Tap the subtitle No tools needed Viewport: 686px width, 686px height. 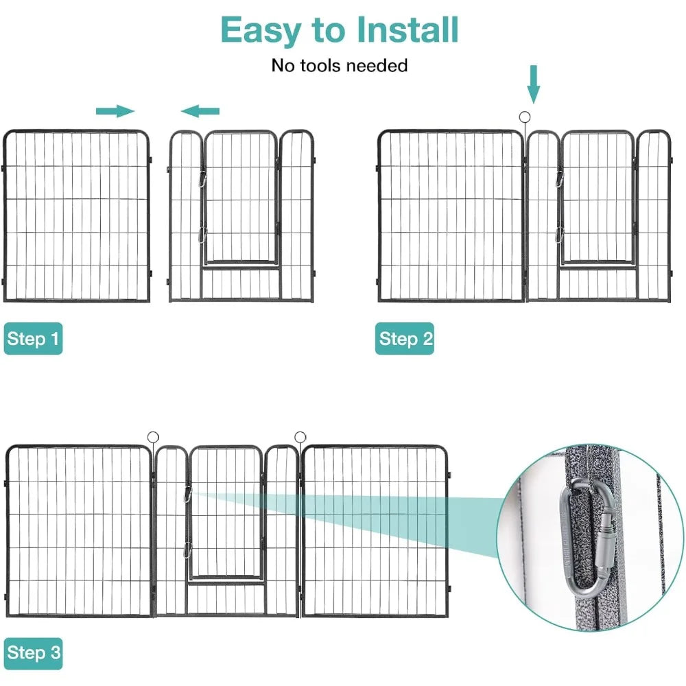click(x=340, y=66)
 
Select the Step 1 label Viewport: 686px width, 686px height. click(x=33, y=339)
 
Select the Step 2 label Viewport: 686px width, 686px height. click(x=405, y=339)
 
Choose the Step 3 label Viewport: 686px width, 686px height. click(x=33, y=653)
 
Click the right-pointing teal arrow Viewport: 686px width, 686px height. click(x=115, y=111)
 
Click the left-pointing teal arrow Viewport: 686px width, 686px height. click(x=200, y=110)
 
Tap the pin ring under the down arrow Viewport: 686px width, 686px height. click(x=526, y=117)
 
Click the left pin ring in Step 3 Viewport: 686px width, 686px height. click(x=152, y=436)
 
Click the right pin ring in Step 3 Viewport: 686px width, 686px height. click(x=300, y=436)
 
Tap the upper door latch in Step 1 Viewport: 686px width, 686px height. click(x=202, y=179)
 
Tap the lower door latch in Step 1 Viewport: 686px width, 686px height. click(x=202, y=234)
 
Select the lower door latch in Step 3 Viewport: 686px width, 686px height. click(x=187, y=549)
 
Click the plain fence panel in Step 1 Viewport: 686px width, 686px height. click(x=76, y=216)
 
